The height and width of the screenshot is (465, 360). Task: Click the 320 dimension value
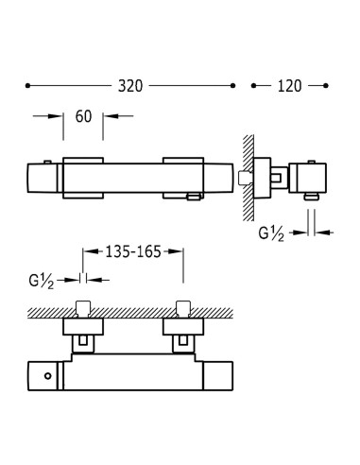(130, 86)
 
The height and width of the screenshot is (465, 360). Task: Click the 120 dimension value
(289, 86)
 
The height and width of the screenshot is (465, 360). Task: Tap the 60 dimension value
(83, 116)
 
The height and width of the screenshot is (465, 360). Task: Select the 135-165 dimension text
(133, 251)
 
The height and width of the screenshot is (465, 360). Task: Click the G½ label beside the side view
(271, 233)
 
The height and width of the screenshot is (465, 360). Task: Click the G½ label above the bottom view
(42, 281)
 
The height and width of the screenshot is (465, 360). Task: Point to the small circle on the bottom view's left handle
(48, 376)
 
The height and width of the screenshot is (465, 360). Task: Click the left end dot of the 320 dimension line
(27, 86)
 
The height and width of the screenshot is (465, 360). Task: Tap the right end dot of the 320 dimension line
(232, 86)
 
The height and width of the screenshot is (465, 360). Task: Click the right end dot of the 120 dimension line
(326, 86)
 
